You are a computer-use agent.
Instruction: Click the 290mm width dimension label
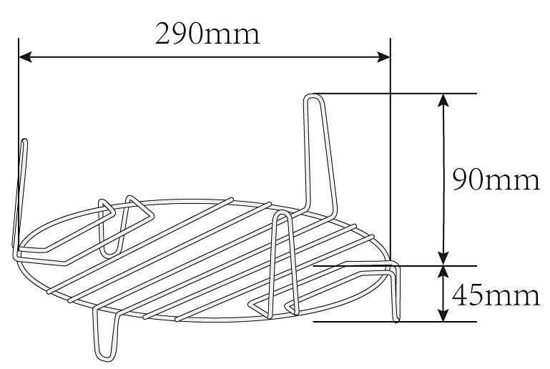pos(207,32)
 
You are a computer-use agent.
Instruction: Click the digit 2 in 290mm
pos(165,33)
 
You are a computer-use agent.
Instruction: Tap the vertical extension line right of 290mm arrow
pos(391,143)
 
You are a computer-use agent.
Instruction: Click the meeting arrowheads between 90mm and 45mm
pos(444,265)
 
